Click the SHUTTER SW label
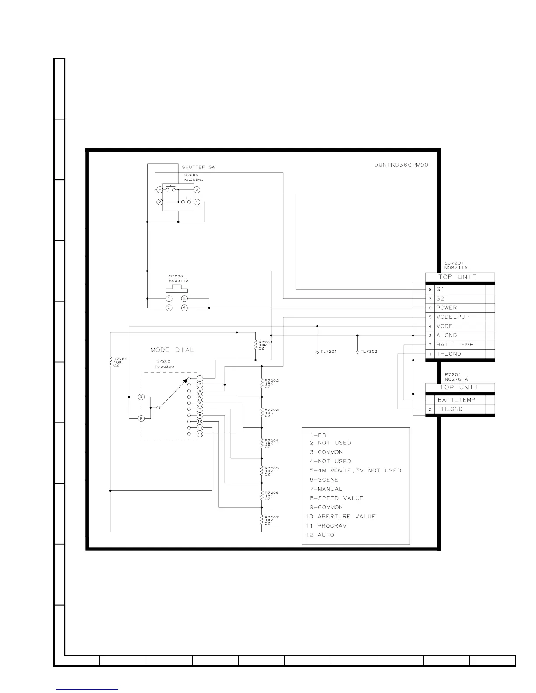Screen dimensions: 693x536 click(x=198, y=167)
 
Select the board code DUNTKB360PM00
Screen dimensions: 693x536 click(x=401, y=165)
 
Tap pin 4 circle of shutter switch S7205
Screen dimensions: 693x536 click(x=160, y=189)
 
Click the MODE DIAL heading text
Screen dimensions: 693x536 click(x=172, y=350)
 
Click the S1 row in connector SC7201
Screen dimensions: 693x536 click(x=460, y=289)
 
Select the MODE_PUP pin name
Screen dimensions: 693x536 click(x=452, y=317)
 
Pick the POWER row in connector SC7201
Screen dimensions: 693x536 click(x=460, y=308)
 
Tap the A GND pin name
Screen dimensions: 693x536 click(x=446, y=335)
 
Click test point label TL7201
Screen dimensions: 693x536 click(x=328, y=352)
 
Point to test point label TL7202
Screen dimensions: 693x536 click(x=369, y=352)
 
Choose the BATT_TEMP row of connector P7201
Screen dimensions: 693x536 click(x=460, y=400)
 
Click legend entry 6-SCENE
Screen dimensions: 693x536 click(x=324, y=479)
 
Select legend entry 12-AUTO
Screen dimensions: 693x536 click(x=320, y=535)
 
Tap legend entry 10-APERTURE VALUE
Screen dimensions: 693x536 click(x=340, y=517)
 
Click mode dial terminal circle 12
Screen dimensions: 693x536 click(x=200, y=434)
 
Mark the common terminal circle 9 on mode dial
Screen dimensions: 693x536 click(x=141, y=418)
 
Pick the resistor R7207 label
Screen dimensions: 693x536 click(x=271, y=520)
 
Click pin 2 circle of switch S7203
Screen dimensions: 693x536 click(x=184, y=298)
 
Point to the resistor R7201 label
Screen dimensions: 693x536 click(x=265, y=345)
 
